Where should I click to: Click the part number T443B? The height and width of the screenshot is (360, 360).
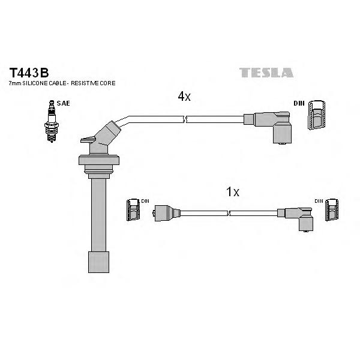point(29,73)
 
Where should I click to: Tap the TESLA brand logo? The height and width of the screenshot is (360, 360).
point(266,73)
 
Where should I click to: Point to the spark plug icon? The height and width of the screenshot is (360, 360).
point(52,121)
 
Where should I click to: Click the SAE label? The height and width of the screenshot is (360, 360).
point(63,103)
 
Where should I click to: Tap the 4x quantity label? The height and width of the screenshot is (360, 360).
point(184,97)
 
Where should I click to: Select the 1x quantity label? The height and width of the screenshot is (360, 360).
point(233,192)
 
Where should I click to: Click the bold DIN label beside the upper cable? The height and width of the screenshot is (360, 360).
point(299,103)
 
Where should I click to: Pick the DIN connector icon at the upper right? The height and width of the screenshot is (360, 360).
point(317,115)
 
